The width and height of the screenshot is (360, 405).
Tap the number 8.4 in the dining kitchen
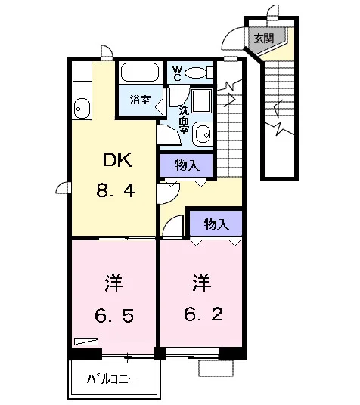pyautogui.click(x=116, y=190)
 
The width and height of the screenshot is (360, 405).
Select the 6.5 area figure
pyautogui.click(x=114, y=315)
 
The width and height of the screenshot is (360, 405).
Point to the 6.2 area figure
pyautogui.click(x=203, y=314)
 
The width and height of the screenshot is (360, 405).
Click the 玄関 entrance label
pyautogui.click(x=263, y=39)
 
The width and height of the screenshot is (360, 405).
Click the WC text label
pyautogui.click(x=178, y=73)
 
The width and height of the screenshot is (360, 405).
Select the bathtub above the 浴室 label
pyautogui.click(x=140, y=72)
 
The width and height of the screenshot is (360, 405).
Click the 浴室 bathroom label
pyautogui.click(x=140, y=100)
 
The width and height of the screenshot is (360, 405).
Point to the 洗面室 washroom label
pyautogui.click(x=184, y=120)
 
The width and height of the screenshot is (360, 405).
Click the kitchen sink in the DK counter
pyautogui.click(x=82, y=108)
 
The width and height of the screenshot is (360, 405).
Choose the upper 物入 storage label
pyautogui.click(x=187, y=165)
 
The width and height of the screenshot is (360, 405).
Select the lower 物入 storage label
pyautogui.click(x=216, y=224)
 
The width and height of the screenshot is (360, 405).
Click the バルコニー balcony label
pyautogui.click(x=112, y=379)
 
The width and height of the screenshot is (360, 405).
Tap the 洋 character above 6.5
pyautogui.click(x=114, y=283)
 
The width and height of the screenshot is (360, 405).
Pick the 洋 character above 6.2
pyautogui.click(x=202, y=283)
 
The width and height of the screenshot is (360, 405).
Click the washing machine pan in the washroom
pyautogui.click(x=202, y=101)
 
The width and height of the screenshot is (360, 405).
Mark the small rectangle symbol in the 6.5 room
pyautogui.click(x=86, y=342)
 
